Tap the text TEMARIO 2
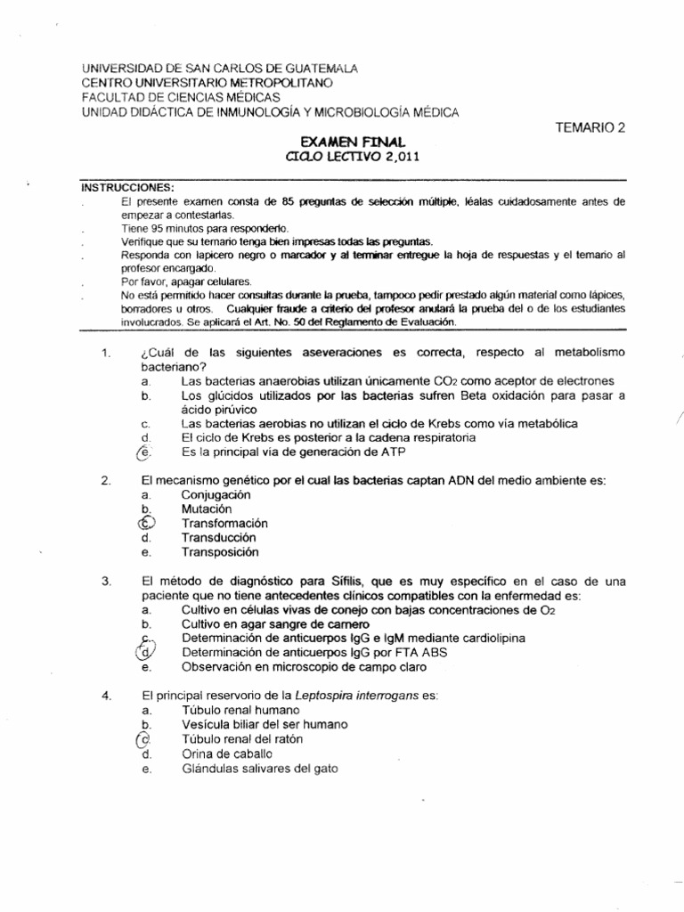[x=590, y=127]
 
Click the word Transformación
[x=224, y=524]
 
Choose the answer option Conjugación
[x=216, y=494]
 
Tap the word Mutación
[x=208, y=509]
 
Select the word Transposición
[x=220, y=552]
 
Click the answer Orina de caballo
[x=227, y=753]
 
